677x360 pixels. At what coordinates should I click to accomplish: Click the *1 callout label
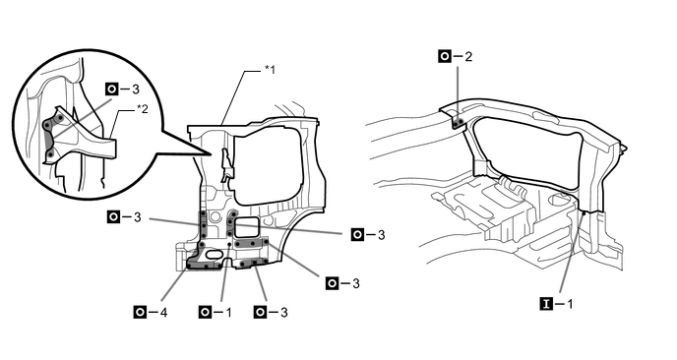pyautogui.click(x=270, y=69)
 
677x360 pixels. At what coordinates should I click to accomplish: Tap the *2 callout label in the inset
pyautogui.click(x=142, y=109)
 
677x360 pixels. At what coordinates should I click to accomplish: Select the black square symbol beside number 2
pyautogui.click(x=445, y=56)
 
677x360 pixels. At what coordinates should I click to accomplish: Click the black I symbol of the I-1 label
pyautogui.click(x=546, y=304)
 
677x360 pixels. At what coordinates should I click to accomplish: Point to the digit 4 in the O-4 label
pyautogui.click(x=163, y=312)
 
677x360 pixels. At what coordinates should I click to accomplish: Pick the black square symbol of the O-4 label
pyautogui.click(x=140, y=312)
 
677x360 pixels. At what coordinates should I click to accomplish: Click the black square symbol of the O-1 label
pyautogui.click(x=205, y=312)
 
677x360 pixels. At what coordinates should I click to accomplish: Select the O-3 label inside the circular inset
pyautogui.click(x=123, y=90)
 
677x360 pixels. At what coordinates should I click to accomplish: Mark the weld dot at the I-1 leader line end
pyautogui.click(x=584, y=212)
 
